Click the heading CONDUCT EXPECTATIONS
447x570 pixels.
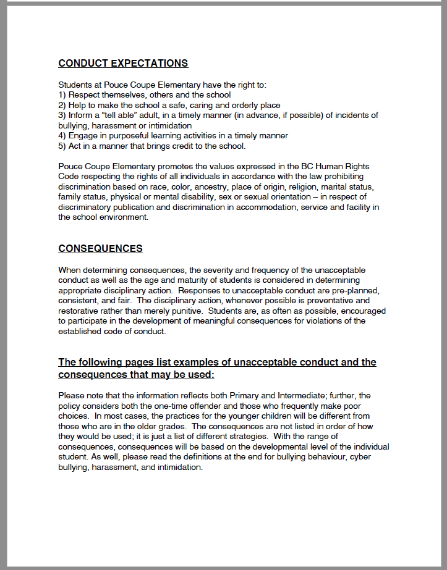pos(123,63)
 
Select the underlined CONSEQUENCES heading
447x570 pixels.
pos(100,248)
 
